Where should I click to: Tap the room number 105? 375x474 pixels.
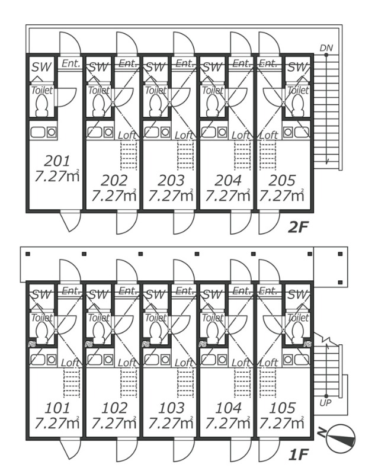click(283, 408)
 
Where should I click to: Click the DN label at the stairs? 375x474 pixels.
click(326, 47)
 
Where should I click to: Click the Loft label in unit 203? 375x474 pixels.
click(185, 135)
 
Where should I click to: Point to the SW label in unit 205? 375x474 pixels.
click(299, 68)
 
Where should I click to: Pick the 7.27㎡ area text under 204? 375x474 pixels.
click(225, 194)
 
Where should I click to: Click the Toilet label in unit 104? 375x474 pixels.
click(213, 318)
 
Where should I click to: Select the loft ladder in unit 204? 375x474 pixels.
click(242, 155)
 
